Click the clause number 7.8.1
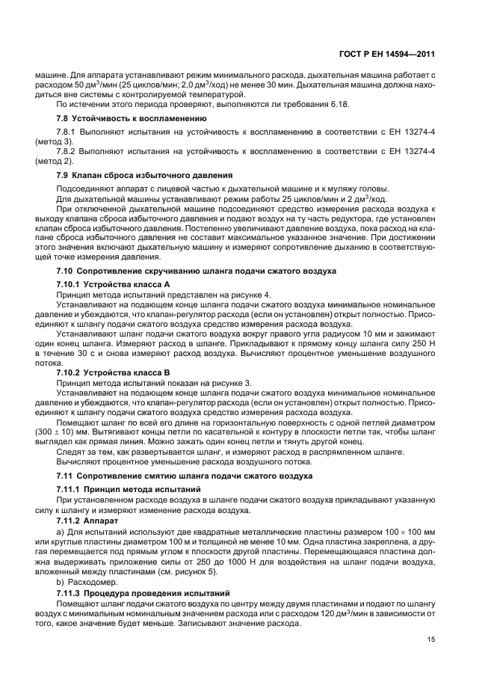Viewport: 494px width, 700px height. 70,132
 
